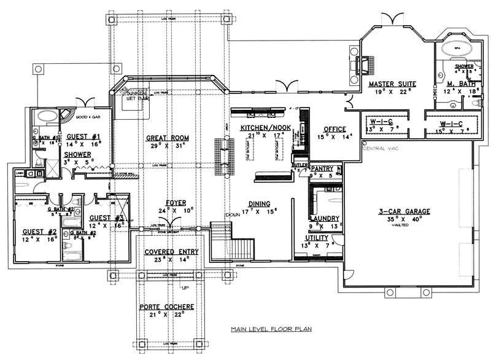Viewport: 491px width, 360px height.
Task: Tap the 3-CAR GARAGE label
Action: tap(404, 211)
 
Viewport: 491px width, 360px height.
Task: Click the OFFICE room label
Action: tap(334, 129)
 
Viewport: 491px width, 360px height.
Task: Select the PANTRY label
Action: tap(322, 168)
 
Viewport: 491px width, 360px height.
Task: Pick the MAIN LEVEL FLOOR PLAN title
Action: tap(271, 329)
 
